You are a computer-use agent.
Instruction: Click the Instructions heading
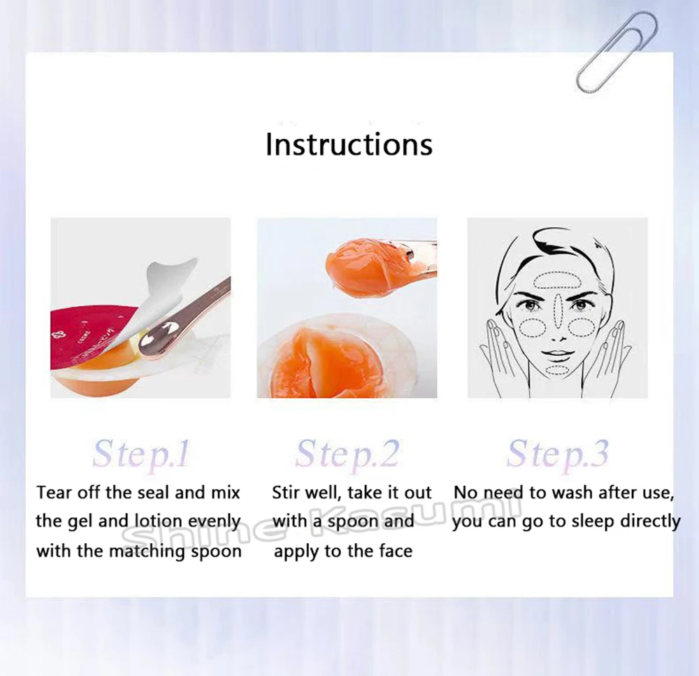349,144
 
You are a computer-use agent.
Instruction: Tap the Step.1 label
140,454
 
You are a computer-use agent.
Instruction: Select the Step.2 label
347,454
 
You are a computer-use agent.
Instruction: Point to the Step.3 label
558,454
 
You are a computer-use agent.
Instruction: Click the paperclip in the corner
617,52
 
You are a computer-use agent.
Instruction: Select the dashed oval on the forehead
557,280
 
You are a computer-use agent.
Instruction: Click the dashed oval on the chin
557,370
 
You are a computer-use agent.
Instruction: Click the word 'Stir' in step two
285,493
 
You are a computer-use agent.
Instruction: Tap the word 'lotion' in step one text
158,522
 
